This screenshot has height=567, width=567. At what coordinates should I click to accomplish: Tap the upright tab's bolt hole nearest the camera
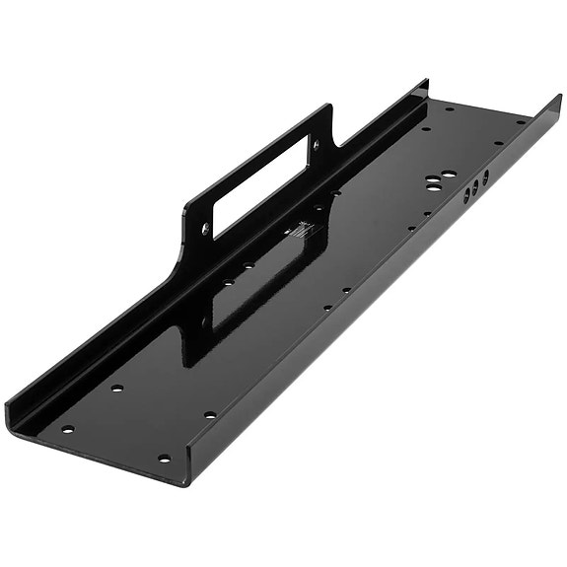[206, 228]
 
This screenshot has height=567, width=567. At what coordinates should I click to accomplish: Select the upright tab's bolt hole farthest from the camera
[317, 144]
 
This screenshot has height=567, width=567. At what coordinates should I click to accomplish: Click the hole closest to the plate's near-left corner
[68, 429]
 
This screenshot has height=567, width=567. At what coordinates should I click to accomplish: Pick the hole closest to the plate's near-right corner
[164, 459]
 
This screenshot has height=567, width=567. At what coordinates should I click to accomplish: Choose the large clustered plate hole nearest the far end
[449, 174]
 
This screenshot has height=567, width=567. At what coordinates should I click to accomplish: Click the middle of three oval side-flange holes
[475, 183]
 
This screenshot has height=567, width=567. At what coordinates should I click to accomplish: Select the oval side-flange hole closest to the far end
[485, 177]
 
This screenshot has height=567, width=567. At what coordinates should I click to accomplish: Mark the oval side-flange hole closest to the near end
[466, 192]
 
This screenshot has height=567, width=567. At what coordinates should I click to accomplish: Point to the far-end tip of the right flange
[558, 97]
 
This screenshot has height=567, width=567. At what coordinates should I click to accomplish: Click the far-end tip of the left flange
[425, 82]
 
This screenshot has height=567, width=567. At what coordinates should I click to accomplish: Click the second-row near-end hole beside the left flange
[117, 389]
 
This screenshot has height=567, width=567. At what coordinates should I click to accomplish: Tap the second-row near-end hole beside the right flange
[210, 415]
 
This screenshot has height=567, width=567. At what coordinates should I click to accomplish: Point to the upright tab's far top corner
[328, 106]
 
